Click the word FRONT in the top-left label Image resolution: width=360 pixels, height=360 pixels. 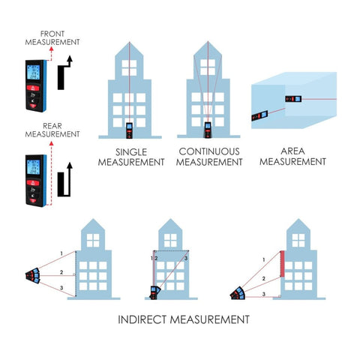pos(52,34)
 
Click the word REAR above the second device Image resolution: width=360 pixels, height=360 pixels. pos(52,126)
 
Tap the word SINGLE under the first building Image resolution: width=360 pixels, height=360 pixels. pos(131,152)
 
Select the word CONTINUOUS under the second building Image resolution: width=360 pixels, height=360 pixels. pos(209,151)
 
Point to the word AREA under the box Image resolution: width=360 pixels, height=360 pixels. pos(292,151)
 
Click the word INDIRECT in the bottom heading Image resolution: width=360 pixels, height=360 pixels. pos(142,319)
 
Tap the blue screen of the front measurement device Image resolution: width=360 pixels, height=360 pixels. pos(33,72)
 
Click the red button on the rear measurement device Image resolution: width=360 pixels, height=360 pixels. pos(33,182)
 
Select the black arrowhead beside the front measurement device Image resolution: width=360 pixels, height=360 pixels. pos(70,58)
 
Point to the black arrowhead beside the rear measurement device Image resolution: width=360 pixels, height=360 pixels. pos(70,165)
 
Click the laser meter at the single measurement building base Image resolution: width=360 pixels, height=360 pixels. pos(129,130)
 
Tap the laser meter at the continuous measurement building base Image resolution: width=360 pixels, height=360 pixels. pos(208,130)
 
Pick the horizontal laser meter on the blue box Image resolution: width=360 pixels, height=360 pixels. pos(293,99)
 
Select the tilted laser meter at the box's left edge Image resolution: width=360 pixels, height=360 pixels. pos(259,115)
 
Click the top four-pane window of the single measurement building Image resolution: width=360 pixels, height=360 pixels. pos(129,67)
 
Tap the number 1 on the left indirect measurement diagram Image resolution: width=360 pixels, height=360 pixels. pos(61,253)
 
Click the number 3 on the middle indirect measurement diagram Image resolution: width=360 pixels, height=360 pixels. pos(186,258)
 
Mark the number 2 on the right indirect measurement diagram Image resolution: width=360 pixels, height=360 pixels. pos(263,278)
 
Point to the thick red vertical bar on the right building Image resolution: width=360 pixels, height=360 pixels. pos(282,264)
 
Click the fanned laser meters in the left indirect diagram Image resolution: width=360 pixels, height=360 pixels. pos(33,275)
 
